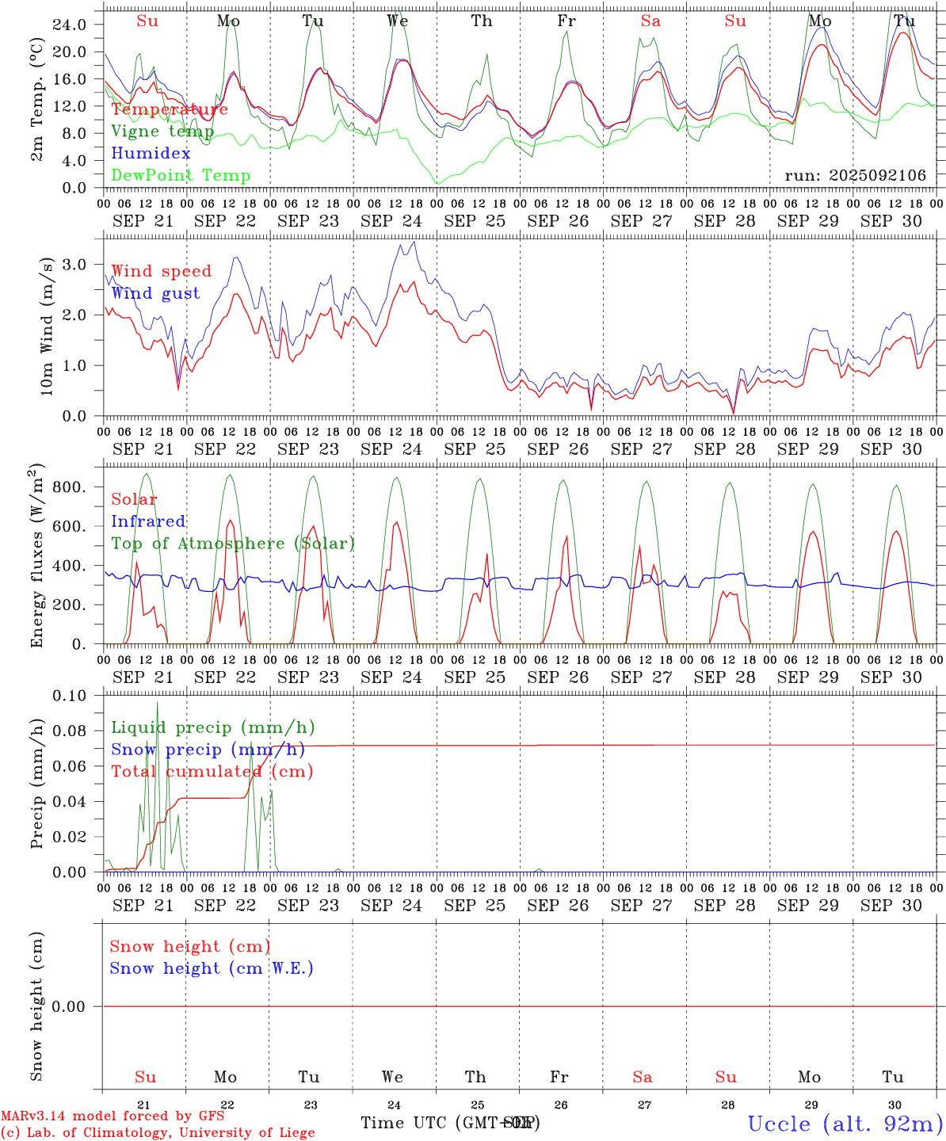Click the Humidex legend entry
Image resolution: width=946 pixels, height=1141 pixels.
[151, 154]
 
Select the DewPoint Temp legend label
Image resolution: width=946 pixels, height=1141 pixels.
[181, 176]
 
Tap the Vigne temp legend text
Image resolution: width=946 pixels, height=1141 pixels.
[162, 132]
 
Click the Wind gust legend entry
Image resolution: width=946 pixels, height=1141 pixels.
[155, 293]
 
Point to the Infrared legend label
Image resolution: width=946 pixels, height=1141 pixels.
[148, 521]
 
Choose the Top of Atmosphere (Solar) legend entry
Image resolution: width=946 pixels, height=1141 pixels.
[232, 544]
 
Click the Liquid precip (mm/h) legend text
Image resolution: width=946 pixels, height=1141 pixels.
[212, 727]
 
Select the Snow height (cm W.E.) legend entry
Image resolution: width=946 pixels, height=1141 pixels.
[212, 968]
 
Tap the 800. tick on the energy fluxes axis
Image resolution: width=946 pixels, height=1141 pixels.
[69, 487]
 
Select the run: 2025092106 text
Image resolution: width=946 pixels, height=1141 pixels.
[855, 176]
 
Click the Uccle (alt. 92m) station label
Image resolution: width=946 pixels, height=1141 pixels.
[845, 1124]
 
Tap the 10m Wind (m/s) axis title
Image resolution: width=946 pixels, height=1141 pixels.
[47, 330]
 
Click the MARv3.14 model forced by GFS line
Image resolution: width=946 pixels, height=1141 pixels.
[113, 1116]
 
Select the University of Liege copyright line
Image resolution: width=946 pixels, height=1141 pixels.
[158, 1133]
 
